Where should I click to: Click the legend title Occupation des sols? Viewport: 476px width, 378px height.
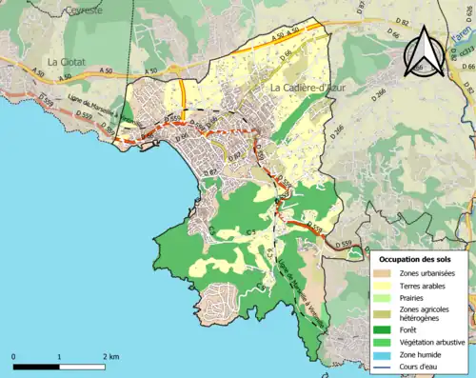click(x=418, y=259)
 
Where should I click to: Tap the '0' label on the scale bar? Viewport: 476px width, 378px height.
click(x=14, y=356)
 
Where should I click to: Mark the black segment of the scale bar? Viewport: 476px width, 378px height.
click(x=36, y=366)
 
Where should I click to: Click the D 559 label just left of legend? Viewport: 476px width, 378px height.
click(x=347, y=246)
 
